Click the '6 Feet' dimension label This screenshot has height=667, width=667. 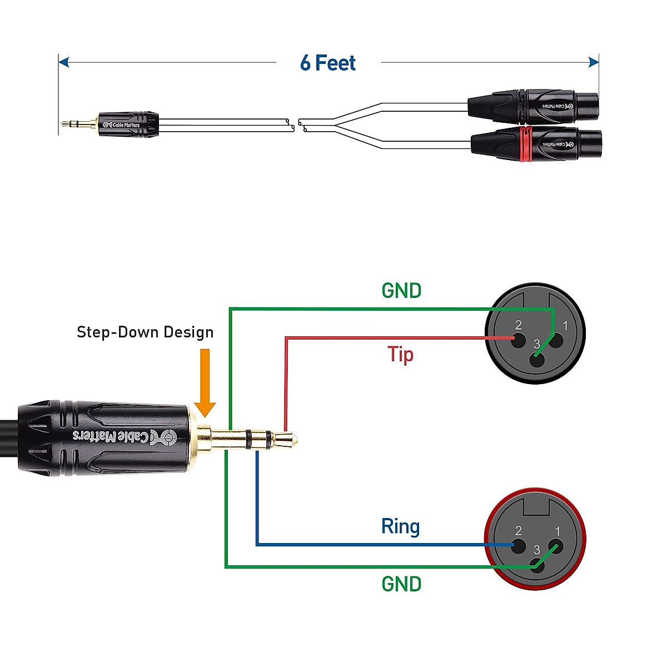tap(328, 63)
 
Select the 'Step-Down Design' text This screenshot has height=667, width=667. tap(145, 332)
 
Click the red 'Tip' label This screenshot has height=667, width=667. tap(400, 354)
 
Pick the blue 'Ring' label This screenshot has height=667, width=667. tap(400, 526)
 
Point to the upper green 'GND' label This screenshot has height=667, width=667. tap(401, 290)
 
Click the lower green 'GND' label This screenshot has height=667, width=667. tap(401, 584)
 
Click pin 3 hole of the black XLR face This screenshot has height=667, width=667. tap(537, 360)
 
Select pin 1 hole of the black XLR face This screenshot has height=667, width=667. tap(556, 339)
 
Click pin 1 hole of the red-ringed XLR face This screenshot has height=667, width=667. tap(556, 546)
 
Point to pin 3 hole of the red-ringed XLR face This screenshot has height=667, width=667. tap(537, 566)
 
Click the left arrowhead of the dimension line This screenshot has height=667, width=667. tap(63, 62)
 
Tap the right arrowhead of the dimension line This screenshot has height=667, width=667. tap(594, 62)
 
